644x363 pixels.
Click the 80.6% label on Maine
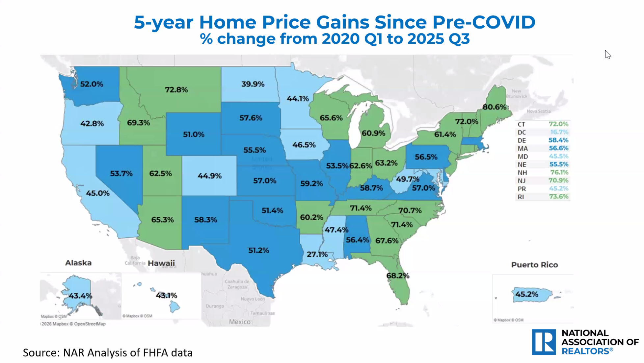[x=494, y=107]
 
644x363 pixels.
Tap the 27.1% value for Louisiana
[x=317, y=254]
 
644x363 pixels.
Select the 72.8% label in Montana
[x=176, y=90]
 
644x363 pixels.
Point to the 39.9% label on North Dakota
[x=253, y=84]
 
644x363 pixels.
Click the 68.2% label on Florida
[x=397, y=276]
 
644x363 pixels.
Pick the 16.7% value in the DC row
[x=559, y=132]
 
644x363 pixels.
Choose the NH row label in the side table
[x=522, y=173]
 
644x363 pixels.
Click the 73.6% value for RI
[x=558, y=197]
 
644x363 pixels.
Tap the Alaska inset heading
[x=78, y=263]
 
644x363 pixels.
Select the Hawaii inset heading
[x=161, y=263]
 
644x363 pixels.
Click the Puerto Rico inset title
[x=534, y=265]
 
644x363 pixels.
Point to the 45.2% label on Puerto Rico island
[x=526, y=294]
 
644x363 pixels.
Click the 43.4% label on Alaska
[x=80, y=296]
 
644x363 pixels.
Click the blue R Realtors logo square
[x=544, y=342]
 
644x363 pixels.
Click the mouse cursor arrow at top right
[x=607, y=55]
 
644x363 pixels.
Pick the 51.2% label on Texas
[x=258, y=251]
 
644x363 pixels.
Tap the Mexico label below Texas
[x=239, y=322]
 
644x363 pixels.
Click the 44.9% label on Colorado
[x=209, y=176]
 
